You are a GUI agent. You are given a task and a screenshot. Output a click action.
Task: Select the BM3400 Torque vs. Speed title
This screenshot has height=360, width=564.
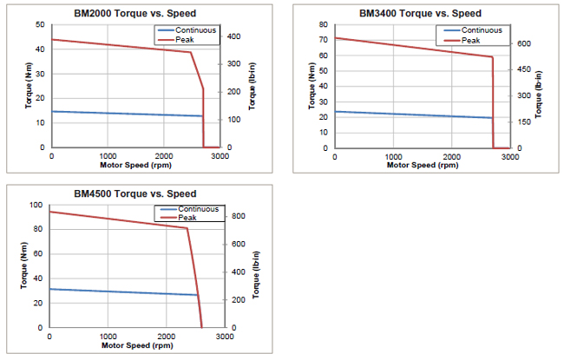coord(420,14)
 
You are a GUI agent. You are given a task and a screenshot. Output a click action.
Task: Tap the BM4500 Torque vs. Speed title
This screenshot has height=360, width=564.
coord(136,193)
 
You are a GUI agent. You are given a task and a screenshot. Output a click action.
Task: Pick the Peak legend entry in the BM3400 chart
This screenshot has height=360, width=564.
coord(469,40)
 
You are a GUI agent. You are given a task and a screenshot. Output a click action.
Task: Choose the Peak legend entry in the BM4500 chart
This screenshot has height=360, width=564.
coord(187,217)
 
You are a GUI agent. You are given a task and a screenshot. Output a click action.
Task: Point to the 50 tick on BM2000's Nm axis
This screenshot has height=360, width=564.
coord(39,24)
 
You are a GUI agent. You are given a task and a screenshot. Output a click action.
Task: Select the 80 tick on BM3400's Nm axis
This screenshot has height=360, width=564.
coord(323,24)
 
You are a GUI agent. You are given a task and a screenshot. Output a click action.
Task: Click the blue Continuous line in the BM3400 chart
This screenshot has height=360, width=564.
coord(408,115)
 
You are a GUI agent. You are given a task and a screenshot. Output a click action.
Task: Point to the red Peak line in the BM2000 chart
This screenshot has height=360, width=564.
coord(121,46)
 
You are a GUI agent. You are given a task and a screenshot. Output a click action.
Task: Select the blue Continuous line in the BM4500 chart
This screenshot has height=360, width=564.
coord(121,292)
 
